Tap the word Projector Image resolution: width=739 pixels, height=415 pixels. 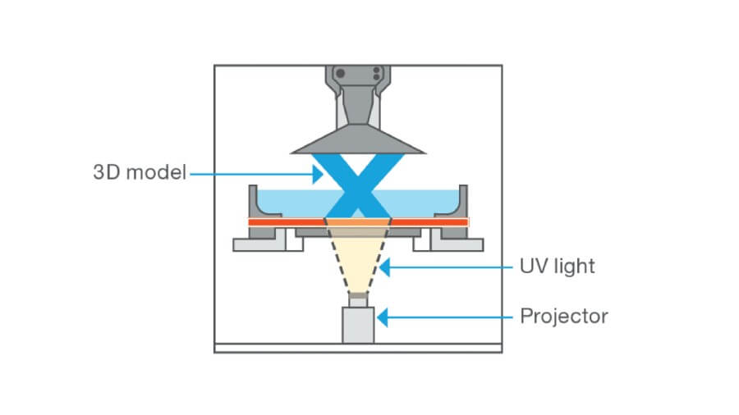click(x=564, y=316)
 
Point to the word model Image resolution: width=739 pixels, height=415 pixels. click(x=158, y=173)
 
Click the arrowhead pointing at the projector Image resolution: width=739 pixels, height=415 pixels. click(x=383, y=316)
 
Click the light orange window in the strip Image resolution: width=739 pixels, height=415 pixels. click(x=358, y=221)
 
